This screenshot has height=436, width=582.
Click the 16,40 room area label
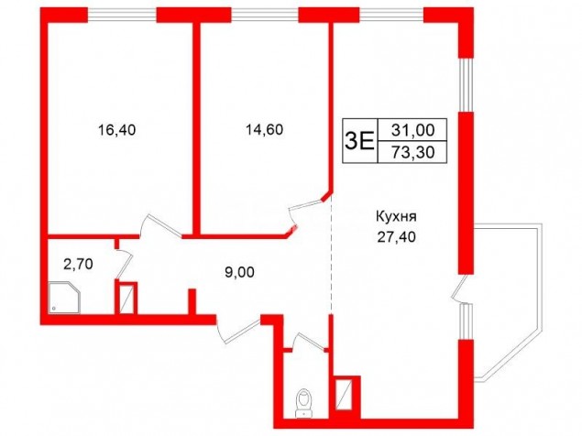coord(117,130)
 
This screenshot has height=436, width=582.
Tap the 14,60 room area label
coord(264,129)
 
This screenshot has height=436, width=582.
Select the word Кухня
coord(396,216)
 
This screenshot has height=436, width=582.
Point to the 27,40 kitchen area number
coord(397,236)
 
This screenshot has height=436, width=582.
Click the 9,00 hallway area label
coord(240,272)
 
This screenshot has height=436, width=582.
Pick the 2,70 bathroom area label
coord(78,264)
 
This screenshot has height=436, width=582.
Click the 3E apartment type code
coord(359,141)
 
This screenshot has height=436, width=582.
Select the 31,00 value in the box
coord(412,130)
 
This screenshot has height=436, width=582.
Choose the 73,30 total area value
coord(412,152)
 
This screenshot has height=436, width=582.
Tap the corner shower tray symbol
coord(64,297)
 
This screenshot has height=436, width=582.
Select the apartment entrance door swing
coord(237,329)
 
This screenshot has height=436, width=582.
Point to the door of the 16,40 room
coord(160,225)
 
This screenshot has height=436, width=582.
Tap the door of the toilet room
coord(309,341)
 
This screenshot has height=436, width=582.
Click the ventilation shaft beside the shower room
coord(126,298)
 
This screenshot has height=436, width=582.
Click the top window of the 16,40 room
coord(122,16)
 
